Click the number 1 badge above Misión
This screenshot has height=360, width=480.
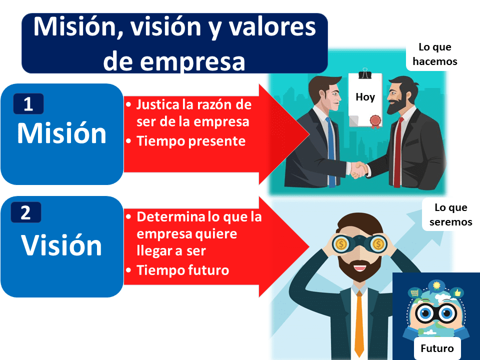(28, 104)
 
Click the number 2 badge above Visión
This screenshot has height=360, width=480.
(25, 213)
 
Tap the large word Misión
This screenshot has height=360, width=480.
(61, 133)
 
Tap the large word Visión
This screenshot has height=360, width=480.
(61, 245)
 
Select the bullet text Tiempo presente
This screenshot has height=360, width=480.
(191, 141)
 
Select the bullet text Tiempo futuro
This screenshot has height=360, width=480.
(182, 270)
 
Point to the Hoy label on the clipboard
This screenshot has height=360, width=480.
(365, 97)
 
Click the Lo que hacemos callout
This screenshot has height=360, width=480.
(434, 54)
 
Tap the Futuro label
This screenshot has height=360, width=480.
(437, 348)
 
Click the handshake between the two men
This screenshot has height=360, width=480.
(358, 169)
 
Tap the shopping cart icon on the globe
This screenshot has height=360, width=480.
(414, 292)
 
